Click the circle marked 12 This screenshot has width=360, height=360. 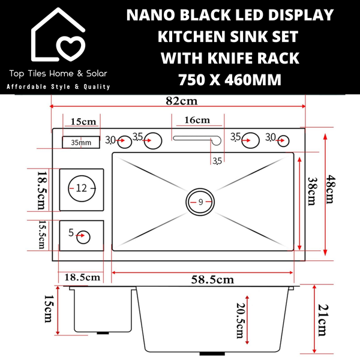(x=81, y=188)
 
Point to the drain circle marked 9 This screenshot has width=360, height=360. (x=200, y=203)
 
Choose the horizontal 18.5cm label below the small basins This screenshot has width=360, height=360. (x=81, y=277)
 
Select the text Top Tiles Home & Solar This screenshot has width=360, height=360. (x=58, y=74)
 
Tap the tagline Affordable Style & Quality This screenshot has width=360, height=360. (x=58, y=87)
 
